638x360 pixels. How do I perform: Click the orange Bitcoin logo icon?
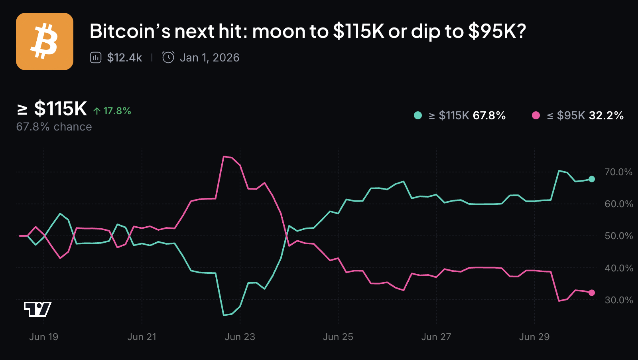pyautogui.click(x=45, y=42)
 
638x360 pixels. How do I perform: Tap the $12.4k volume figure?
pyautogui.click(x=124, y=58)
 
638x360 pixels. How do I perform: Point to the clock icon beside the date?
pyautogui.click(x=168, y=57)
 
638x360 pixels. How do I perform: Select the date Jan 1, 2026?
pyautogui.click(x=209, y=58)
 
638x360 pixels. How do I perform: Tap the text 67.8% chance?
pyautogui.click(x=54, y=127)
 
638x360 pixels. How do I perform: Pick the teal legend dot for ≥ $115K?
pyautogui.click(x=418, y=115)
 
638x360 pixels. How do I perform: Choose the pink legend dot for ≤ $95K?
pyautogui.click(x=536, y=115)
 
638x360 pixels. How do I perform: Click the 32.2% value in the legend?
pyautogui.click(x=606, y=115)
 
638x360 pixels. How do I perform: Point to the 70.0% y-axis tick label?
pyautogui.click(x=618, y=172)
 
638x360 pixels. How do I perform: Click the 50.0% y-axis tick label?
pyautogui.click(x=618, y=236)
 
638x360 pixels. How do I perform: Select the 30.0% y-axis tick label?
pyautogui.click(x=618, y=300)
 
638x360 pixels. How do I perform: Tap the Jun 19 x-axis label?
pyautogui.click(x=44, y=337)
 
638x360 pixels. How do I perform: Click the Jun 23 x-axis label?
pyautogui.click(x=240, y=337)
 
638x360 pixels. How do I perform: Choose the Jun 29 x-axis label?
pyautogui.click(x=534, y=337)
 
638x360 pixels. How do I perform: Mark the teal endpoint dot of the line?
pyautogui.click(x=592, y=179)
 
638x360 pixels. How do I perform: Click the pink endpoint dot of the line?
pyautogui.click(x=592, y=293)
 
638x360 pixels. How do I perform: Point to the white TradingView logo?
pyautogui.click(x=37, y=309)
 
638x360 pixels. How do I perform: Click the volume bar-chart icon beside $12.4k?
pyautogui.click(x=96, y=58)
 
